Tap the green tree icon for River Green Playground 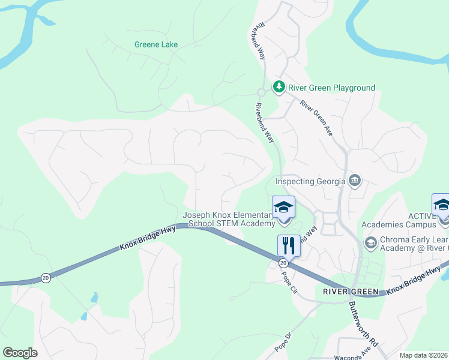click(279, 87)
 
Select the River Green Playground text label click(331, 88)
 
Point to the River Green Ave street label click(316, 117)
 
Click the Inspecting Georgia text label click(310, 181)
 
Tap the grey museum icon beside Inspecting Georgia click(355, 181)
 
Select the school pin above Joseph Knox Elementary click(283, 208)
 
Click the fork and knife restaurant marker click(289, 245)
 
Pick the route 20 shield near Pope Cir click(283, 263)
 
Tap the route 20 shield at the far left click(46, 277)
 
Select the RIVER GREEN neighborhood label click(351, 292)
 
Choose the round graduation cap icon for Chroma click(370, 242)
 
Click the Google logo click(20, 352)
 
